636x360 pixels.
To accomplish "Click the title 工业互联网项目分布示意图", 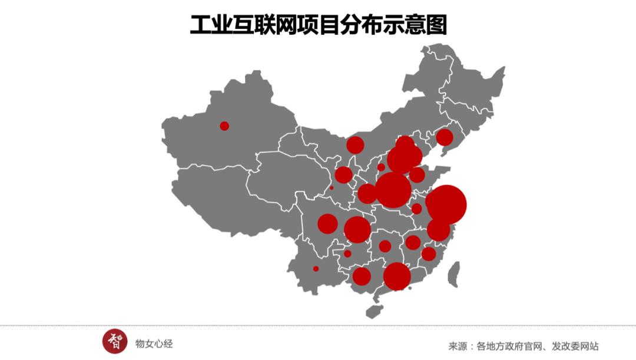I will click(318, 25).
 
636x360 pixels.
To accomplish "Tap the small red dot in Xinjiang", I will click(224, 125).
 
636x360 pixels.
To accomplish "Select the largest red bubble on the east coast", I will click(446, 204).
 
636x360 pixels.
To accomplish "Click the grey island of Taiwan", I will click(453, 274).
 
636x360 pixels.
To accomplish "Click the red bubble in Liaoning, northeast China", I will click(445, 137).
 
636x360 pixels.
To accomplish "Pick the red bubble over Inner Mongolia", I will click(355, 144).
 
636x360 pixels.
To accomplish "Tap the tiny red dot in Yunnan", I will click(316, 269).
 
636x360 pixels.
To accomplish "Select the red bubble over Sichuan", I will click(327, 224).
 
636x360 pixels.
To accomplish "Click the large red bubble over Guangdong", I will click(397, 276).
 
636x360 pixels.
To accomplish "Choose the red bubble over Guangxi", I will click(362, 276).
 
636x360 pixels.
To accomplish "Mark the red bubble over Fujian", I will click(429, 254).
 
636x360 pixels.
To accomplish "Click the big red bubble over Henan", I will click(393, 190).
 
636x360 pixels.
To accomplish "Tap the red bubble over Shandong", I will click(417, 174).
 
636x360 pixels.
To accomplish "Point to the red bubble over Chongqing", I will click(357, 229).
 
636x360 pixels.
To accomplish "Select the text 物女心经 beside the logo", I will click(154, 344).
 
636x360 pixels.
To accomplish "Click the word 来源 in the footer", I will click(458, 346).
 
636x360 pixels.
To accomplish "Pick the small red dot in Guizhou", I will click(347, 253).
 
